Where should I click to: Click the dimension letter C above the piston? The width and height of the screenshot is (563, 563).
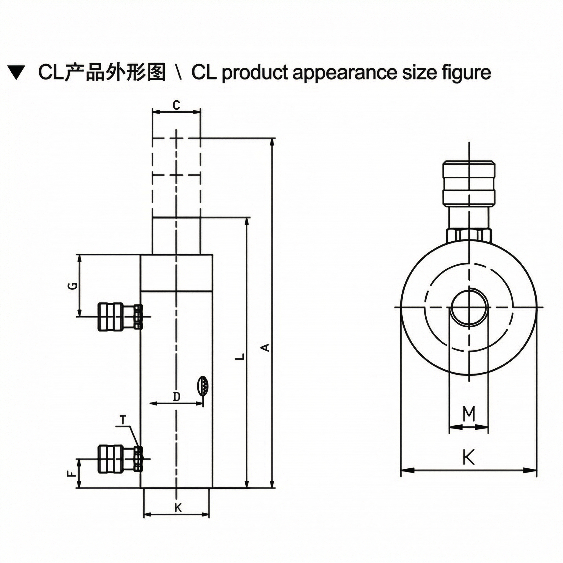176,105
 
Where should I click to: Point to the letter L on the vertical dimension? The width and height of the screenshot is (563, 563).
239,356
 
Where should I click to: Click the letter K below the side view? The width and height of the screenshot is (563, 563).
178,508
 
